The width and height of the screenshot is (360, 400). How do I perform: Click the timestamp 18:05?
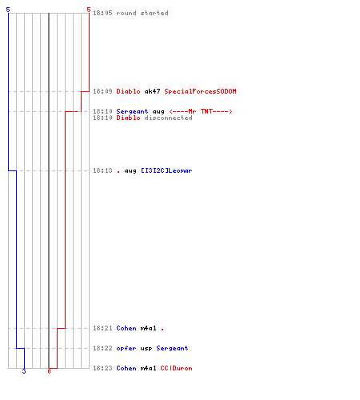102,13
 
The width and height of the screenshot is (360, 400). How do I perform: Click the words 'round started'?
142,13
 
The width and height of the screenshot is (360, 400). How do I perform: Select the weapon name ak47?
152,91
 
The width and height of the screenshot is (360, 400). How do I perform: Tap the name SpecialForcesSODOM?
200,91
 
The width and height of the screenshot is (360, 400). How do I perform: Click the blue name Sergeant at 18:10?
132,111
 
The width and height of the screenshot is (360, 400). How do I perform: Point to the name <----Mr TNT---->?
201,111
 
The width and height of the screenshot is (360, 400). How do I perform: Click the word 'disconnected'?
168,118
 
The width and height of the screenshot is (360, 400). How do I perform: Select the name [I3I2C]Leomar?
166,170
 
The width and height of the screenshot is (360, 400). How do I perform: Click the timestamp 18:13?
102,170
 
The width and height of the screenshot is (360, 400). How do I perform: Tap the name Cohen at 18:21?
126,328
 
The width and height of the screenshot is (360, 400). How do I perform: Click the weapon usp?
146,349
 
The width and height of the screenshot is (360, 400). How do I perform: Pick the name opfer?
126,348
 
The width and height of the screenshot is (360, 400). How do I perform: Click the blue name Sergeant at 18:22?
172,348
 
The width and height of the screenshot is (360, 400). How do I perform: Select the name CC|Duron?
176,368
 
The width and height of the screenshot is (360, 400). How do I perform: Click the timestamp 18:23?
102,368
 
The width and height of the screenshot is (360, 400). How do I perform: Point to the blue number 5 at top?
8,10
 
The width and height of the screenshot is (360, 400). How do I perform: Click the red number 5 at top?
89,10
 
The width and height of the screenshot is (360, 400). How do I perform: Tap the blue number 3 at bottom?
24,371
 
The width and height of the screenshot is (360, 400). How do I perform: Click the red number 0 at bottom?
49,371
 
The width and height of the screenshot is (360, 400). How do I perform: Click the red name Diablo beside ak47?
128,91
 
